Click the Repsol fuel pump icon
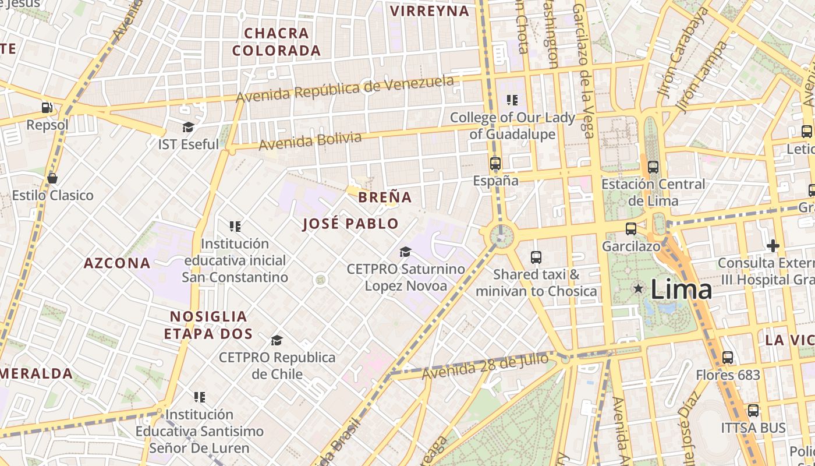point(47,107)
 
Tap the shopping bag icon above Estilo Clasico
point(52,178)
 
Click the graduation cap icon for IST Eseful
point(188,127)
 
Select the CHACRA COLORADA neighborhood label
point(277,42)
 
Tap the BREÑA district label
point(385,197)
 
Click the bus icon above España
point(495,164)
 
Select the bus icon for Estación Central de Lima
point(653,167)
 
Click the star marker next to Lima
point(639,288)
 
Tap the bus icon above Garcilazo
point(631,229)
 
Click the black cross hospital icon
point(773,246)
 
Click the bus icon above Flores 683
point(728,358)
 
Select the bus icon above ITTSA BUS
point(753,411)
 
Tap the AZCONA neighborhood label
point(117,263)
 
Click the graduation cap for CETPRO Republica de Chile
point(277,340)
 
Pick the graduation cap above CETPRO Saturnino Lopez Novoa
point(405,252)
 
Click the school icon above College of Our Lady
point(512,100)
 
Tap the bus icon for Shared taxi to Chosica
point(536,257)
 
